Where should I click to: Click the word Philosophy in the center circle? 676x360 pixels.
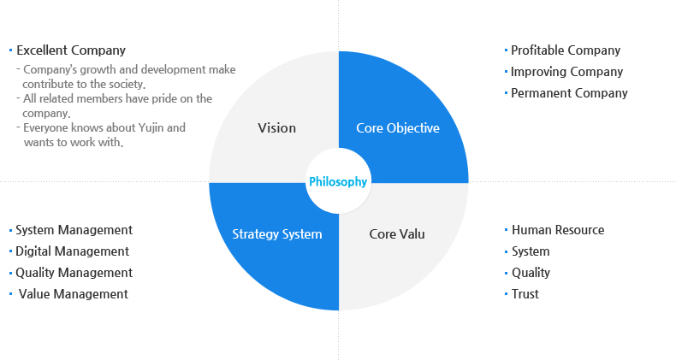click(338, 182)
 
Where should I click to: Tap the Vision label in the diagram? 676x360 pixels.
click(276, 128)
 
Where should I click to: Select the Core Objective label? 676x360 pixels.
click(398, 128)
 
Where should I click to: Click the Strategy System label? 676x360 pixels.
click(277, 233)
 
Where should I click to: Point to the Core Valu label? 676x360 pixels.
click(397, 233)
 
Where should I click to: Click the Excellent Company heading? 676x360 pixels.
click(71, 50)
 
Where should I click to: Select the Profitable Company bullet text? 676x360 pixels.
click(566, 50)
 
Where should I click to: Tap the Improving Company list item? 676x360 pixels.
click(567, 72)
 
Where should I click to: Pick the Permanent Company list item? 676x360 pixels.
click(569, 93)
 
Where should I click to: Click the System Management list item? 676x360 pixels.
click(74, 230)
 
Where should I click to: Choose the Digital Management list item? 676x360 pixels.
click(73, 251)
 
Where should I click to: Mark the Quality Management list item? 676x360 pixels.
click(74, 273)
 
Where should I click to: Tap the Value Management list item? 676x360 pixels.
click(74, 294)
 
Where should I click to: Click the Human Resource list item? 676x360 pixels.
click(558, 230)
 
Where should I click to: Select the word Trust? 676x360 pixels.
click(525, 294)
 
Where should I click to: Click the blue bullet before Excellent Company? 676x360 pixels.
click(10, 50)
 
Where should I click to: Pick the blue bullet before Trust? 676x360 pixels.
click(506, 294)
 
